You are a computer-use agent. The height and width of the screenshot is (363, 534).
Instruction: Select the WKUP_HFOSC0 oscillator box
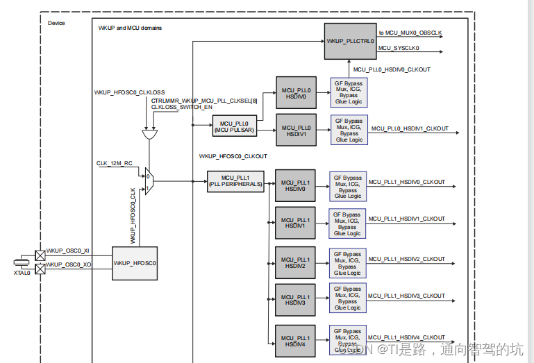(x=135, y=263)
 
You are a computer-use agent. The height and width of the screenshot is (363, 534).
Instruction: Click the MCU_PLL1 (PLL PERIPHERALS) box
(x=235, y=181)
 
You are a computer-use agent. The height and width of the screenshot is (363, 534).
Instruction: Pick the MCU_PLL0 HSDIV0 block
(x=296, y=93)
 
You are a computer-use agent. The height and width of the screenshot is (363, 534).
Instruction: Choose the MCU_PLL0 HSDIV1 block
(x=296, y=130)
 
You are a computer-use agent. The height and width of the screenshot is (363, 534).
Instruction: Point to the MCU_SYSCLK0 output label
(x=399, y=48)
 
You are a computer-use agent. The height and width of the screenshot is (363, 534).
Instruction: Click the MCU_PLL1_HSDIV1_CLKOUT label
(x=406, y=219)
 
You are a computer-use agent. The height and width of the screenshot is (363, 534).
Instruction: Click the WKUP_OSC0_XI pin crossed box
(x=40, y=255)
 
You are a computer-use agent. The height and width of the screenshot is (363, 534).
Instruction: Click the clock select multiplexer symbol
(x=149, y=182)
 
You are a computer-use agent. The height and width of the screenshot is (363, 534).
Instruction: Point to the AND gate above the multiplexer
(x=148, y=133)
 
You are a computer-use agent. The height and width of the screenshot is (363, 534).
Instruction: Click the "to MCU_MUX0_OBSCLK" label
(x=410, y=33)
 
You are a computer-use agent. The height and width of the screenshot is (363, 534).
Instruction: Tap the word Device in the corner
(x=56, y=23)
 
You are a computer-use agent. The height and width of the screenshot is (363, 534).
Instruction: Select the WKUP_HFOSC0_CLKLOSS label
(x=130, y=92)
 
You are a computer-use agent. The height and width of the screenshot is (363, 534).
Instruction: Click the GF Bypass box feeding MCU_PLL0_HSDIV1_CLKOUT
(x=349, y=130)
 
